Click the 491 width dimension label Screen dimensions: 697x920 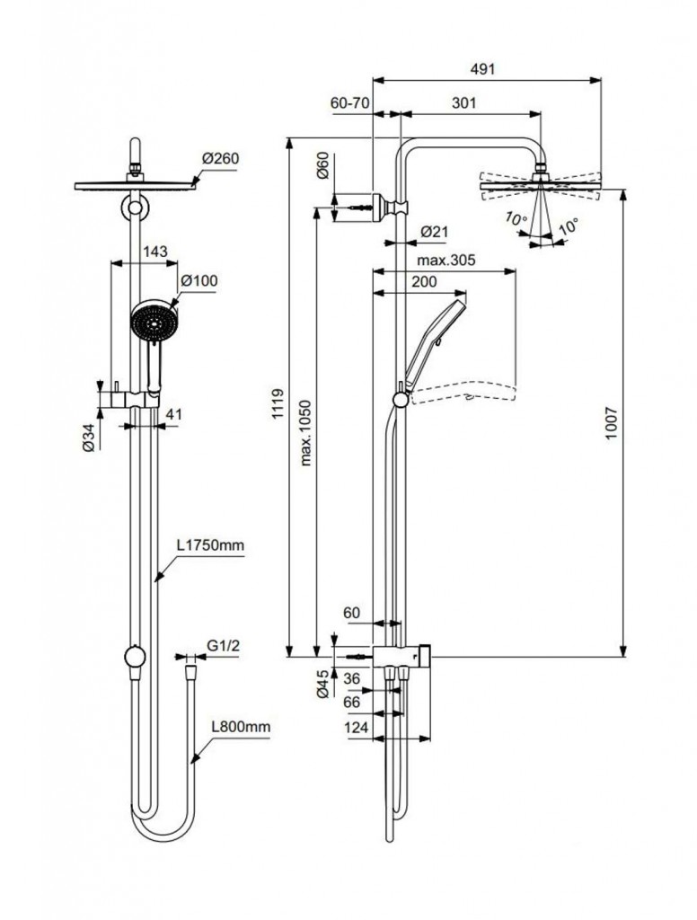pyautogui.click(x=483, y=68)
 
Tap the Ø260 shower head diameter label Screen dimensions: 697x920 pyautogui.click(x=221, y=158)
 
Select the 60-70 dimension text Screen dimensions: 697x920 pyautogui.click(x=349, y=103)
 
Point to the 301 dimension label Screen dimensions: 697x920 pyautogui.click(x=463, y=103)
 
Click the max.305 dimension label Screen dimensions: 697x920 pyautogui.click(x=446, y=260)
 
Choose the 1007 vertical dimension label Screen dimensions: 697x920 pyautogui.click(x=612, y=423)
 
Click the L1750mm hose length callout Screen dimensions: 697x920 pyautogui.click(x=210, y=545)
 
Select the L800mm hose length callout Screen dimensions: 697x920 pyautogui.click(x=241, y=727)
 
